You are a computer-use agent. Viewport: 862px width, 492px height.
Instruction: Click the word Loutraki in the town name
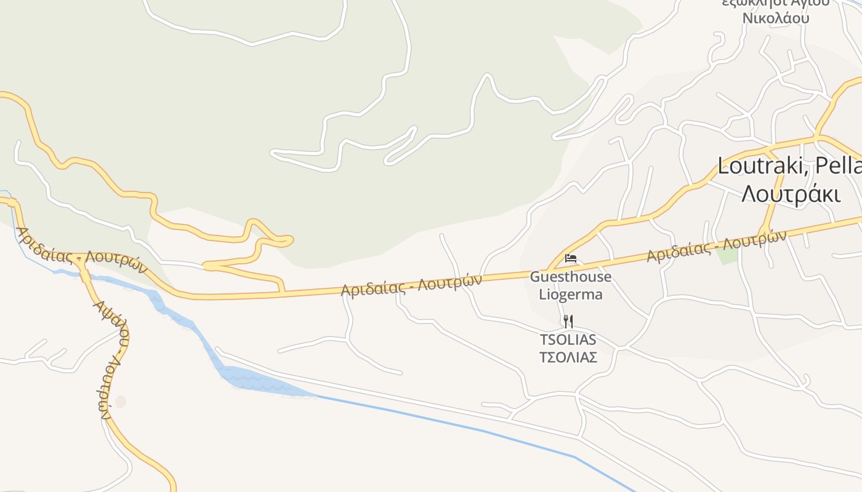coord(761,165)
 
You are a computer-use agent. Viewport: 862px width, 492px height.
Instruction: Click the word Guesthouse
coord(571,277)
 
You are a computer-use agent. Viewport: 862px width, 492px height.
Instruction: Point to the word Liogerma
coord(571,294)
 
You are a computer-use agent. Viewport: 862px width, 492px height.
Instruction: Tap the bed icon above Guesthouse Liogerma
coord(571,258)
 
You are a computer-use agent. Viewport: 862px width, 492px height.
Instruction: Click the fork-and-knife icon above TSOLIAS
coord(568,321)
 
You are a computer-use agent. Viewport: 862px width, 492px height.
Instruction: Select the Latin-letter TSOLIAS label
coord(568,339)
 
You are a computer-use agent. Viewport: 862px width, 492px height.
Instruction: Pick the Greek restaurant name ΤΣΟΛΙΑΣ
coord(568,357)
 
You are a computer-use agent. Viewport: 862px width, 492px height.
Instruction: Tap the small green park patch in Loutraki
coord(728,254)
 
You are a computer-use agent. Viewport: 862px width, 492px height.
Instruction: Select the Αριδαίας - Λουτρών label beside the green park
coord(716,245)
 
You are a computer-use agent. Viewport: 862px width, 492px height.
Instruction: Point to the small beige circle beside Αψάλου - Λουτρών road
coord(120,402)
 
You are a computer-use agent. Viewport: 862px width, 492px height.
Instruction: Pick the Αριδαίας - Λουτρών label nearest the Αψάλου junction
coord(81,252)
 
